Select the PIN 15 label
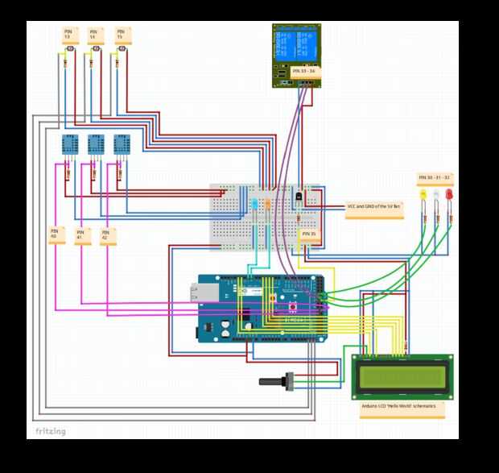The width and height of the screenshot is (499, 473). click(x=122, y=35)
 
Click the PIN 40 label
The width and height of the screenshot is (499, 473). click(x=56, y=234)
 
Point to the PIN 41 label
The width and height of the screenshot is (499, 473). click(x=81, y=236)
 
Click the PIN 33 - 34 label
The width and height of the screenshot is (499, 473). click(x=303, y=72)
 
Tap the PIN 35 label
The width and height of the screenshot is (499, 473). click(x=309, y=234)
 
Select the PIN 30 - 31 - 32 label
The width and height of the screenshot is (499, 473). click(x=434, y=176)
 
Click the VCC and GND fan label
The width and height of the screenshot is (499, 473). click(x=375, y=207)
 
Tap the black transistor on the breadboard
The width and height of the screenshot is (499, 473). click(x=299, y=196)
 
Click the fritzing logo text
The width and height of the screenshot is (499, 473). click(x=50, y=432)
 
